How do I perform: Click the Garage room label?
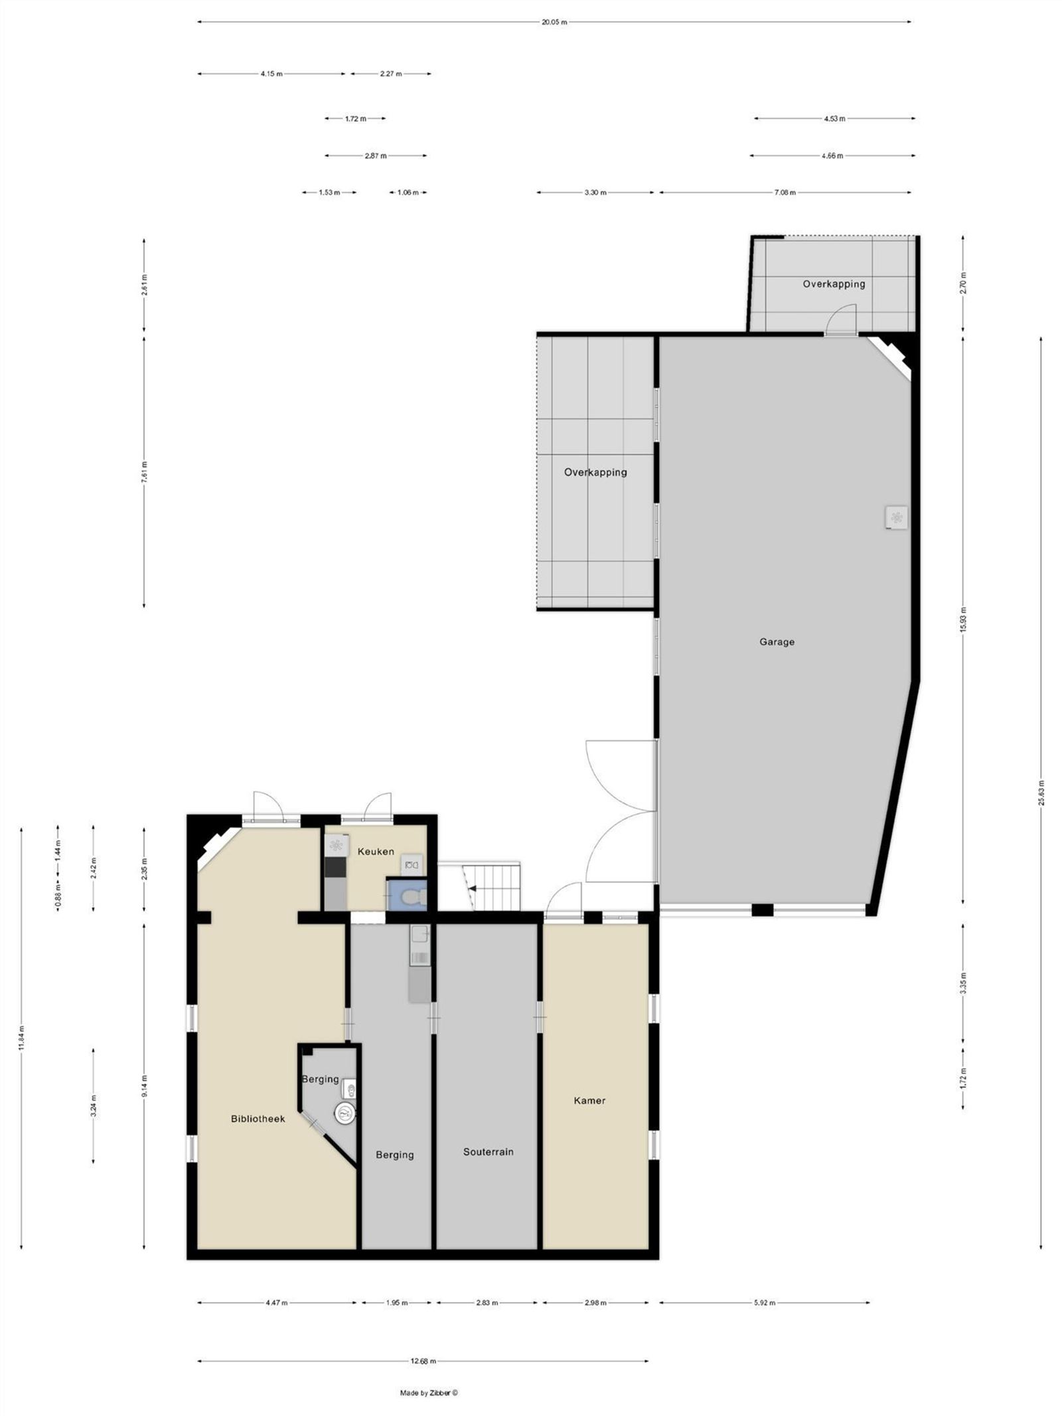click(776, 642)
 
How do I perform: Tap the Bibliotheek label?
click(258, 1119)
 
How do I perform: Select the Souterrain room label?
click(488, 1152)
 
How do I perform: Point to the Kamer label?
click(589, 1101)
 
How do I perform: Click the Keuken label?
click(376, 852)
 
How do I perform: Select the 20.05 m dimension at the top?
click(554, 22)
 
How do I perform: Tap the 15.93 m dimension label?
click(963, 620)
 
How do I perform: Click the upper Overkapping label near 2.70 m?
click(834, 284)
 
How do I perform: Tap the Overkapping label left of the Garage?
click(595, 473)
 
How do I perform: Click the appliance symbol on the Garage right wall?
click(896, 517)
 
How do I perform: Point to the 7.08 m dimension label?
click(785, 193)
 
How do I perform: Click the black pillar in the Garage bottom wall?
click(763, 909)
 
